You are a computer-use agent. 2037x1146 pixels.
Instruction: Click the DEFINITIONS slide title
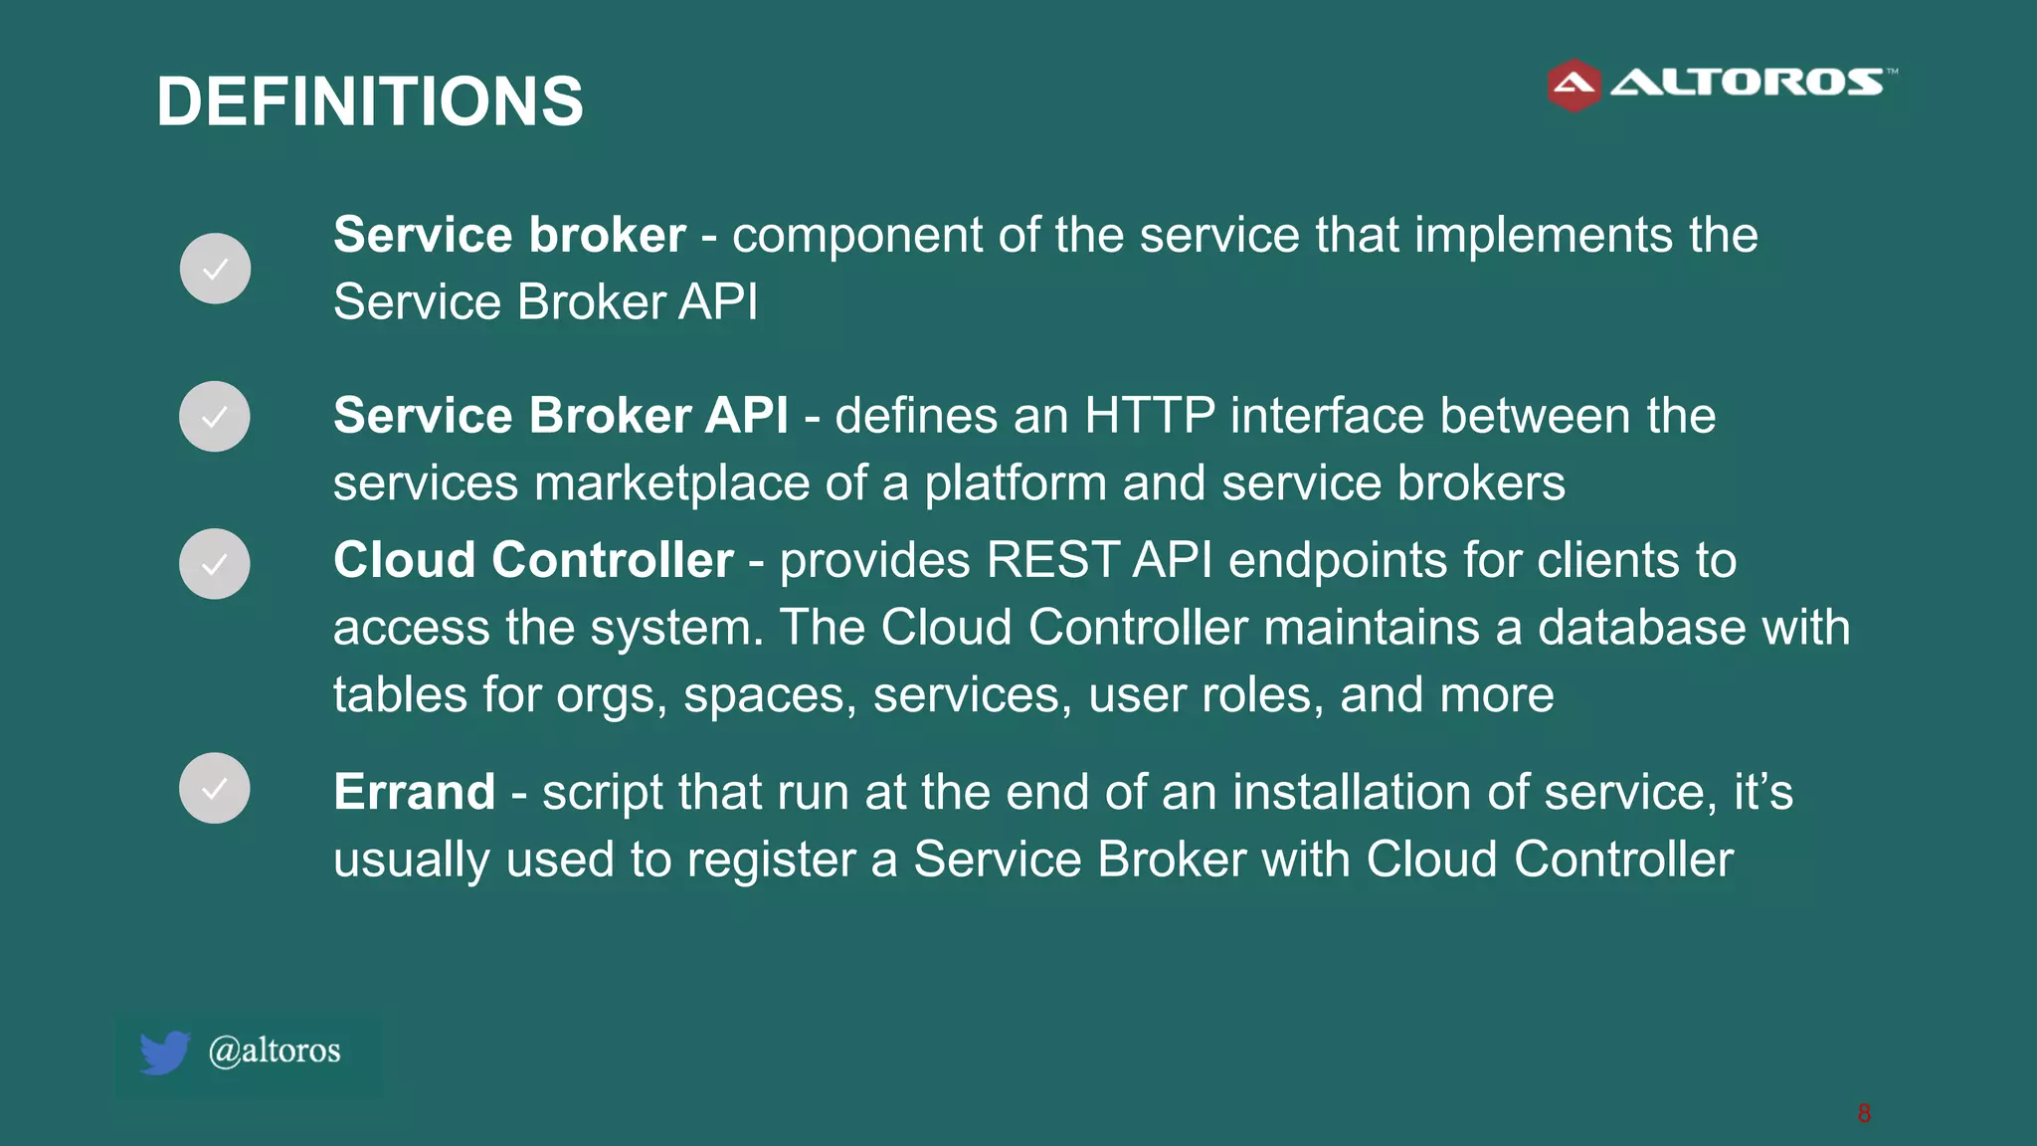(370, 101)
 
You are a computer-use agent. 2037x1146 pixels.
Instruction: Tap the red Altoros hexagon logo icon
(1574, 86)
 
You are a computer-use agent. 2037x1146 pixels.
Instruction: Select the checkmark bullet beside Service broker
(215, 269)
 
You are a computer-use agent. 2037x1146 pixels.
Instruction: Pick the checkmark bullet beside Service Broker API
(215, 417)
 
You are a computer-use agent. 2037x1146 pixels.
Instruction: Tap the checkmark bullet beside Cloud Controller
(215, 564)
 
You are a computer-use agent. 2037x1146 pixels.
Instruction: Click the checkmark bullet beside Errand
(215, 788)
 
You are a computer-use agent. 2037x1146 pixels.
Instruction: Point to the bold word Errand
(415, 793)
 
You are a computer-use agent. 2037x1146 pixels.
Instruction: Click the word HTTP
(1149, 416)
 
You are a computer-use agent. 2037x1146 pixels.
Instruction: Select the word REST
(1053, 560)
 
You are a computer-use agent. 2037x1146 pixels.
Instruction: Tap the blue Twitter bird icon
(164, 1052)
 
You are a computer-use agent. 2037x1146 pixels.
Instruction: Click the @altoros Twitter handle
(275, 1050)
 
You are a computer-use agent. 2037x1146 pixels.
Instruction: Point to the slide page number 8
(1864, 1113)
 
